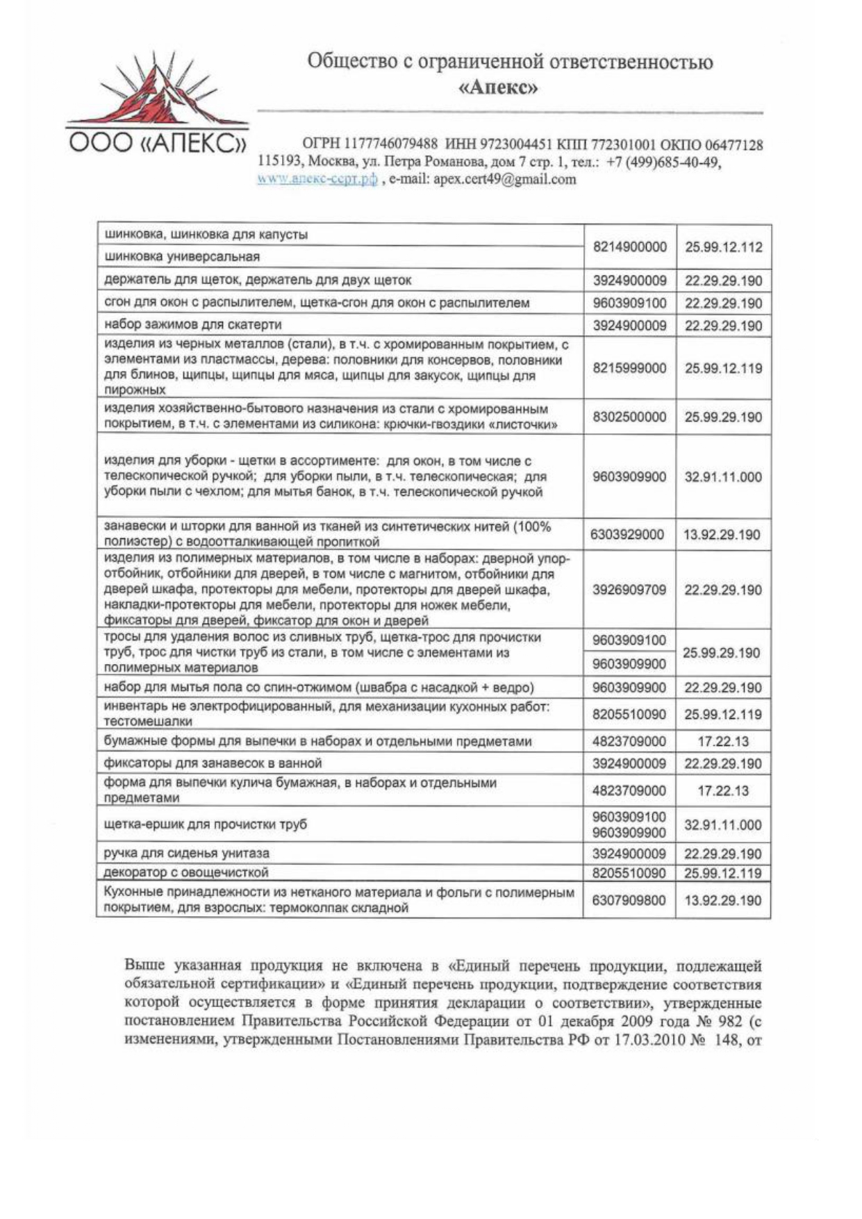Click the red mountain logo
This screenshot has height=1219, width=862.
156,90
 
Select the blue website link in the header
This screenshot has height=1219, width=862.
317,179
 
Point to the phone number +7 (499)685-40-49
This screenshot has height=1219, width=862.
663,162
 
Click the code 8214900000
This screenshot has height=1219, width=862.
629,247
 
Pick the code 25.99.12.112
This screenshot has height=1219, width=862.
723,247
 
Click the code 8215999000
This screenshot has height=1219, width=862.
629,368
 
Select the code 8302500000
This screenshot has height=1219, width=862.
629,417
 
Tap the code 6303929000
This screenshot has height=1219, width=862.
628,535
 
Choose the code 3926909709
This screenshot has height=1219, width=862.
629,590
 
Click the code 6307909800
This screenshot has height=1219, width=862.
629,901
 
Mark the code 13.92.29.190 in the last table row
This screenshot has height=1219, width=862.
723,901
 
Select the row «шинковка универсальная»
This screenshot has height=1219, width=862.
181,257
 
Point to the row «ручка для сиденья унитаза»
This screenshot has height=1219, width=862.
186,853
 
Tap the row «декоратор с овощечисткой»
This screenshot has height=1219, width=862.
185,872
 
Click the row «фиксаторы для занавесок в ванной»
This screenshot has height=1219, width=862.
213,763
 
